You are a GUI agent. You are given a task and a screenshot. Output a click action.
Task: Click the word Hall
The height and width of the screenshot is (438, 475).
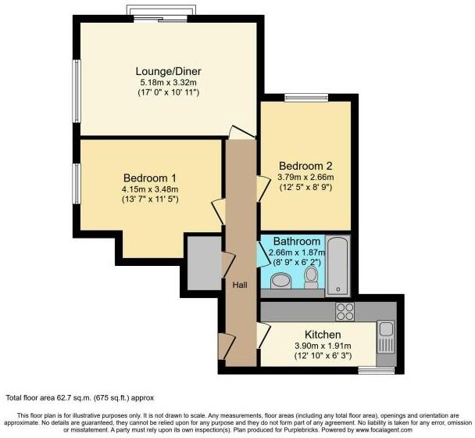241,285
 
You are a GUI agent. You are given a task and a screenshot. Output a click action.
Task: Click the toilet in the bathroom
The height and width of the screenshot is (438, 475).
312,277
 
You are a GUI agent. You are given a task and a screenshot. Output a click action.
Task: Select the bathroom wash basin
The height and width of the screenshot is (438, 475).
279,279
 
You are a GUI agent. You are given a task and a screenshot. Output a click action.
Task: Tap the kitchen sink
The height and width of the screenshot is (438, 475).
385,339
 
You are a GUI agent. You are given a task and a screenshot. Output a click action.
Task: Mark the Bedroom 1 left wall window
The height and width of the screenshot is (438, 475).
77,183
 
